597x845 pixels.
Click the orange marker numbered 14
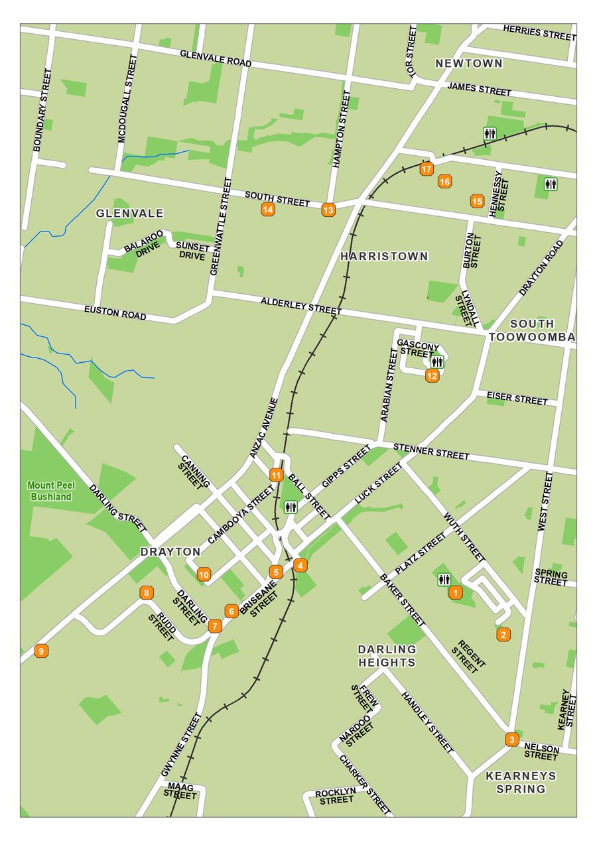coord(268,210)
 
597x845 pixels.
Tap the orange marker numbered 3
coord(511,739)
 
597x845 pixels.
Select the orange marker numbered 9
coord(41,651)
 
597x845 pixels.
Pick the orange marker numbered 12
coord(432,376)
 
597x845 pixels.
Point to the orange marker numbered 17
coord(427,169)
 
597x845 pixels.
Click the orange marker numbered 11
coord(276,475)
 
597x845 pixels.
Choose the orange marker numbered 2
coord(503,635)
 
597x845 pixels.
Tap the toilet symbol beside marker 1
coord(444,580)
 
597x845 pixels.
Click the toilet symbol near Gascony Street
coord(436,362)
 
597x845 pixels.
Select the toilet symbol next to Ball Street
coord(290,507)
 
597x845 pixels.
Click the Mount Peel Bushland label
coord(50,491)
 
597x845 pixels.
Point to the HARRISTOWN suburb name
coord(384,256)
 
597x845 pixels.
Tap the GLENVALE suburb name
coord(129,213)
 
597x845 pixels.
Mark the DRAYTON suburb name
coord(170,551)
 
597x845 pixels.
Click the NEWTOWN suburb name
coord(468,64)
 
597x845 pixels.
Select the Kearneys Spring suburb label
coord(521,782)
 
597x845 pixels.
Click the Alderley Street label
coord(301,306)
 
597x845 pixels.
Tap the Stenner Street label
coord(431,452)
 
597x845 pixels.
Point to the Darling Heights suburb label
coord(387,655)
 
